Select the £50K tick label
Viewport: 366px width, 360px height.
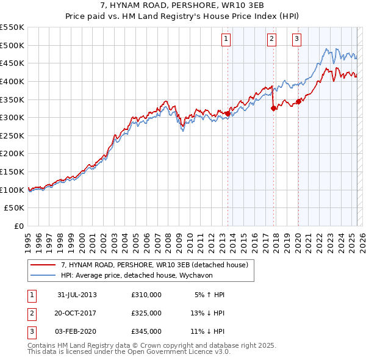tap(15, 208)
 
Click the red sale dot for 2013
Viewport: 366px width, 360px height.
tap(228, 113)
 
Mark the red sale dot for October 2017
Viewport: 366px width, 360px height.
tap(273, 108)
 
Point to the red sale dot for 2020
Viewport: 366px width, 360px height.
tap(298, 101)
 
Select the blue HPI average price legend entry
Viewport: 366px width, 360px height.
tap(134, 275)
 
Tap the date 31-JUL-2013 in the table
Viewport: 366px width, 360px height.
tap(77, 295)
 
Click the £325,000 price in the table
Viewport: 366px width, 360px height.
tap(146, 313)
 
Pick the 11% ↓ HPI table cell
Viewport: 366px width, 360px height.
tap(207, 331)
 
